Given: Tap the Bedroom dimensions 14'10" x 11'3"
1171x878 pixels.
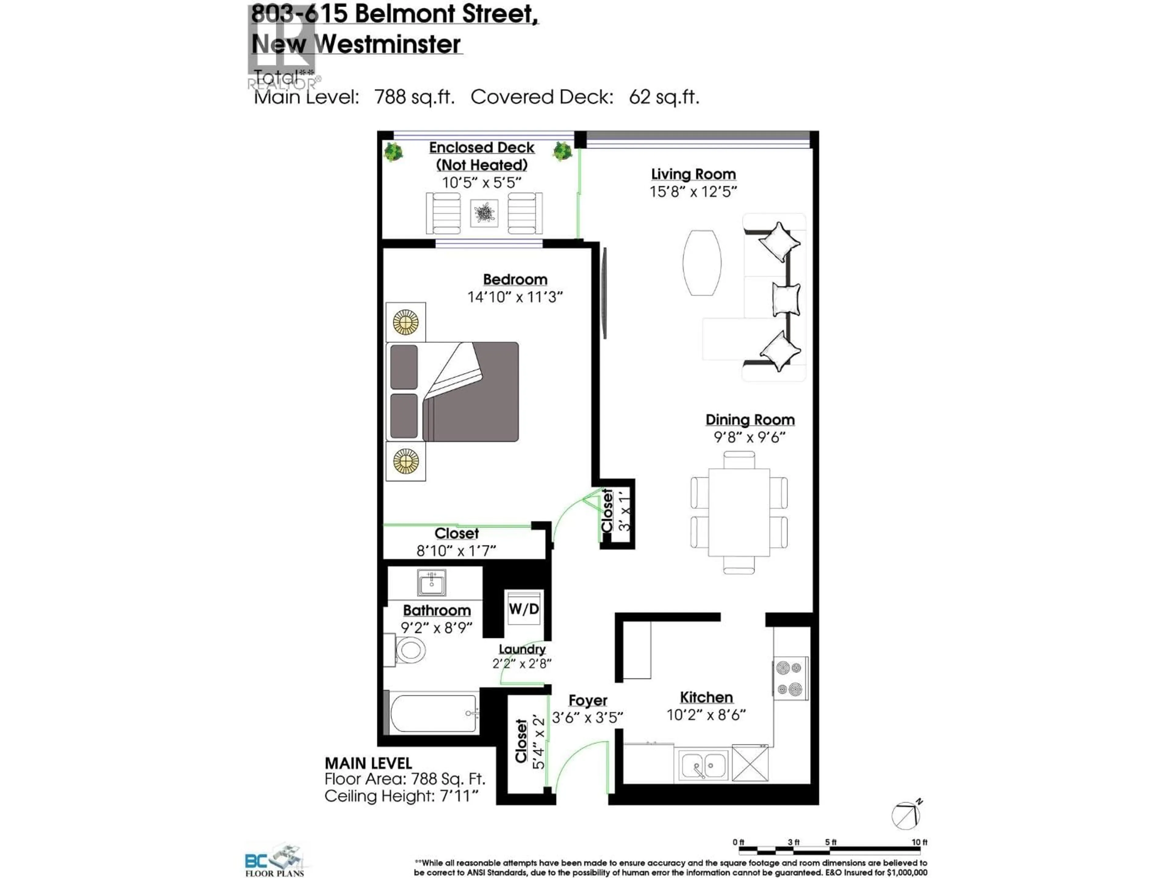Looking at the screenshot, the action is click(514, 297).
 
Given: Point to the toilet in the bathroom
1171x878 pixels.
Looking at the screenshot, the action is click(405, 650).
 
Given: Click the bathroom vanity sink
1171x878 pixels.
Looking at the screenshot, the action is click(432, 583).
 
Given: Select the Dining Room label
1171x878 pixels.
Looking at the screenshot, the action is click(750, 420).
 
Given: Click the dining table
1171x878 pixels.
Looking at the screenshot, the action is click(739, 512).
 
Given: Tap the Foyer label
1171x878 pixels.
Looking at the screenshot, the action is click(588, 700).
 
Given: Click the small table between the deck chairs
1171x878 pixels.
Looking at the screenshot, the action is click(484, 213).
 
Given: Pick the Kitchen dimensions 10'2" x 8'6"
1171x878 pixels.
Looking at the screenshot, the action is click(706, 715).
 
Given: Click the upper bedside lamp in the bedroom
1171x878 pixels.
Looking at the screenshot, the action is click(406, 322).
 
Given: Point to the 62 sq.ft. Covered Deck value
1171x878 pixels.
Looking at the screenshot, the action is click(664, 97).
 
